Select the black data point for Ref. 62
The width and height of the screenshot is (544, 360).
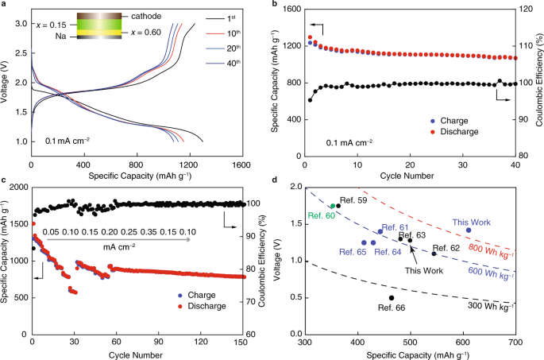(434, 253)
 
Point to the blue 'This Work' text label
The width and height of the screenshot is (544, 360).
(472, 223)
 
